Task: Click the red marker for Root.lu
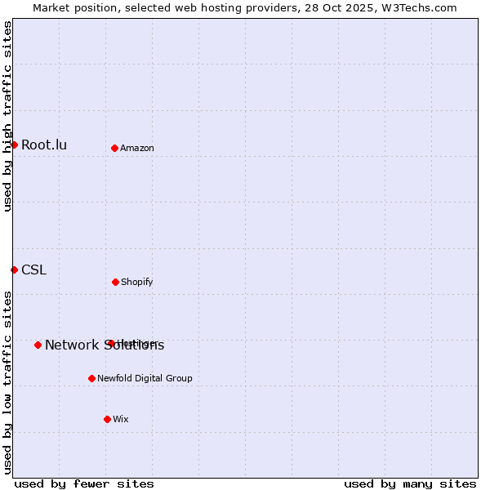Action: (14, 145)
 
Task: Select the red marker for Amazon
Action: (114, 148)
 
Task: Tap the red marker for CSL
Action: (14, 269)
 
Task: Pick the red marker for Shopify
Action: (115, 282)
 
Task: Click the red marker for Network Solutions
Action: (38, 345)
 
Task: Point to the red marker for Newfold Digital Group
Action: (91, 378)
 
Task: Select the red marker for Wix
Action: (107, 419)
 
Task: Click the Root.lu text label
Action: (44, 145)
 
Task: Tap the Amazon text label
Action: (137, 149)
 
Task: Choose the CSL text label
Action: (33, 270)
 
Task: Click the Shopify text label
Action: (136, 283)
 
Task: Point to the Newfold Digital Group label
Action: (145, 379)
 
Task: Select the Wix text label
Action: (121, 420)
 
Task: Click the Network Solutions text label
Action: (105, 345)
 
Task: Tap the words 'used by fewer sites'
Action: (84, 483)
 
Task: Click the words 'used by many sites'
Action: (410, 483)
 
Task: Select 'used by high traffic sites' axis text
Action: (7, 116)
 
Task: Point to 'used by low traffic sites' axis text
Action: (7, 381)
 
